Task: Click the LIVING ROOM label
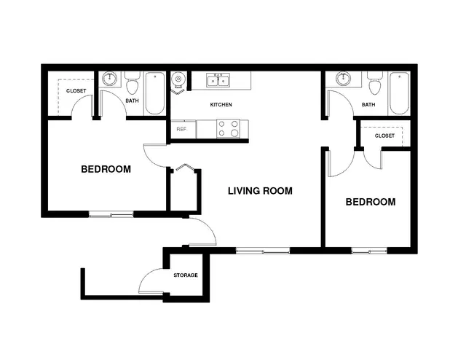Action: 260,191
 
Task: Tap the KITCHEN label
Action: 221,105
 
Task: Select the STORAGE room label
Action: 186,275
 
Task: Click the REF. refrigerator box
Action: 183,129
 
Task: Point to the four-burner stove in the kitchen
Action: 228,128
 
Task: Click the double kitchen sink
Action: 218,80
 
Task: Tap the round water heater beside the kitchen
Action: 178,79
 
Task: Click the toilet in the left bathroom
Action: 133,82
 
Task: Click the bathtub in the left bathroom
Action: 155,93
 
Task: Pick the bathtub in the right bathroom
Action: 399,93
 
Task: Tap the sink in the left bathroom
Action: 110,79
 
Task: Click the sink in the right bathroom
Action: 344,79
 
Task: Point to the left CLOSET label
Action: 76,91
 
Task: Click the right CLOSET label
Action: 384,136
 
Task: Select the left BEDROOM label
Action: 106,169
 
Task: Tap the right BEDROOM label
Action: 371,202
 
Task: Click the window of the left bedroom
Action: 111,214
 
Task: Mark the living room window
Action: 263,251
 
